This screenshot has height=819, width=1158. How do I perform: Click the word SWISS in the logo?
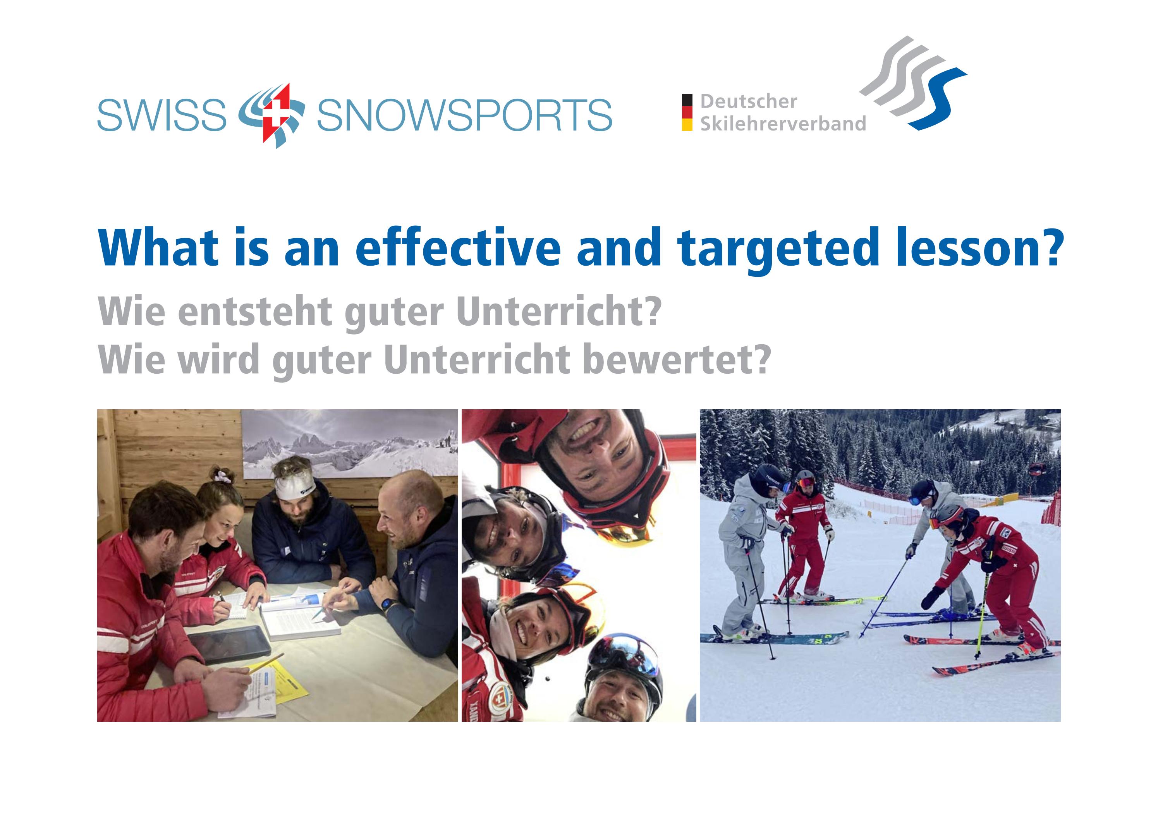coord(162,115)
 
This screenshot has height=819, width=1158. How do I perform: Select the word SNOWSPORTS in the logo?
coord(464,115)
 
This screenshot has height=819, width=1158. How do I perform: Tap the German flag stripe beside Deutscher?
coord(686,112)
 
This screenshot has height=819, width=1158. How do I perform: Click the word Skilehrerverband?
coord(783,124)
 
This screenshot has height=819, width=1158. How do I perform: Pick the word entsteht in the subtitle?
coord(255,312)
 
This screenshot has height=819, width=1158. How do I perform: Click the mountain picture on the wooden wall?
coord(349,444)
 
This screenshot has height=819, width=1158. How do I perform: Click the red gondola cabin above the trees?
coord(1036,469)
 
